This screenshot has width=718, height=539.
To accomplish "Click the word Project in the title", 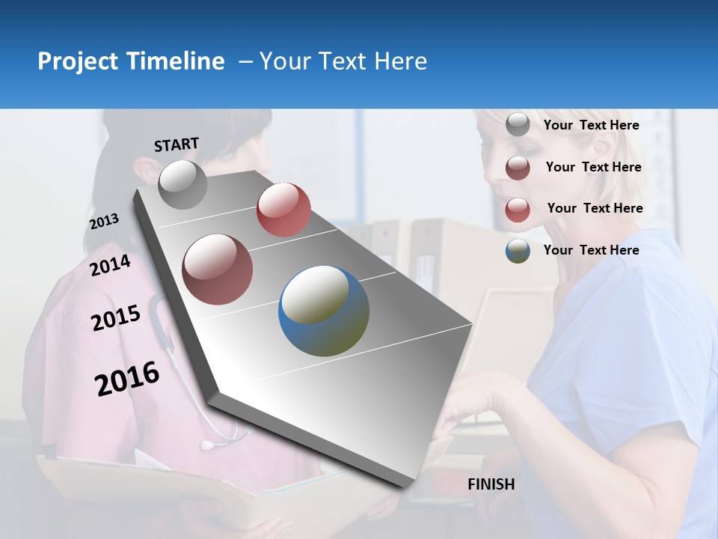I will (x=77, y=61).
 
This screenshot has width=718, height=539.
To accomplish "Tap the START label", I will (x=177, y=144).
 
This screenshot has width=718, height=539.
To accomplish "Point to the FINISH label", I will (x=491, y=484).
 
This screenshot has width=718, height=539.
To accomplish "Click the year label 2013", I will (x=104, y=222).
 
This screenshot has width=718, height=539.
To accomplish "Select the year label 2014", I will (x=110, y=265).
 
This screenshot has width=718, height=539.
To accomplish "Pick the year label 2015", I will (x=115, y=318).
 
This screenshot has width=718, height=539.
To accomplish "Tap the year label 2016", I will (x=127, y=379).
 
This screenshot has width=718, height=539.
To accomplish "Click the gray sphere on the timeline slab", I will (x=182, y=184).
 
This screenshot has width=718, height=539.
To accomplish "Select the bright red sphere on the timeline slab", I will (x=283, y=210).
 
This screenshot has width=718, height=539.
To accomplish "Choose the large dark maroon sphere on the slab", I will (x=218, y=269).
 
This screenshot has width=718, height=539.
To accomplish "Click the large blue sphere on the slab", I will (x=324, y=311).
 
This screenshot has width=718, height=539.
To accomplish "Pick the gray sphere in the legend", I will (x=518, y=125).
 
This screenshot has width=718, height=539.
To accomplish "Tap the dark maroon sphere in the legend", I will (x=518, y=168).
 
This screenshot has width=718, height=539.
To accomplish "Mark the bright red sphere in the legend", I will (x=518, y=210).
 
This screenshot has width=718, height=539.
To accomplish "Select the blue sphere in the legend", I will (x=518, y=251).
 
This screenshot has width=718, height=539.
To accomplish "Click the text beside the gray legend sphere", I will (x=591, y=125).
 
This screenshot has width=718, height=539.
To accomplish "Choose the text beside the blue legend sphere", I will (x=591, y=250).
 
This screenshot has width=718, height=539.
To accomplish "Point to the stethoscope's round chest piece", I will (x=206, y=445).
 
